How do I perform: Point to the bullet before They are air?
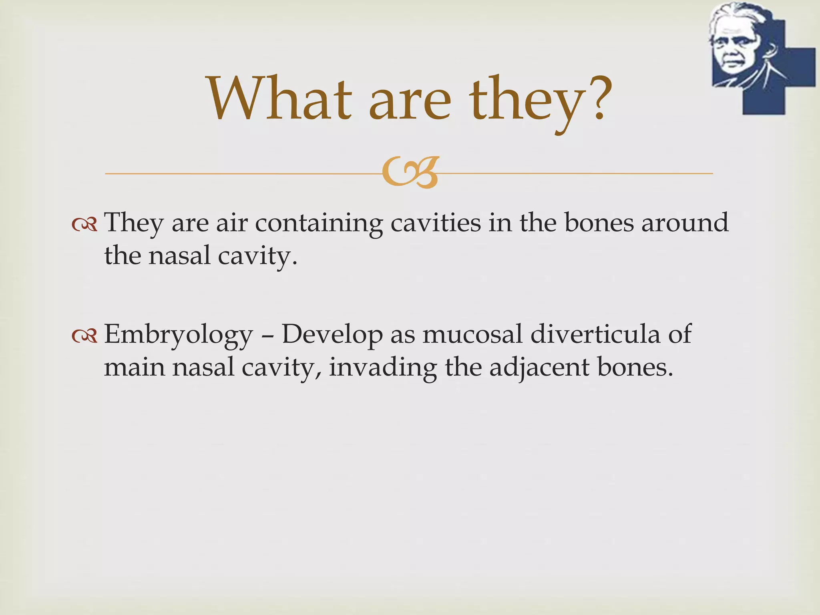point(84,225)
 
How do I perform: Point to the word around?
point(685,223)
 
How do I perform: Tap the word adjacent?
point(539,368)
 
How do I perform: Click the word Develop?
point(332,335)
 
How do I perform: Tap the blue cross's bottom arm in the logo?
point(764,100)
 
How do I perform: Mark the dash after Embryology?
point(267,336)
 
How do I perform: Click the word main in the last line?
point(134,368)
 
